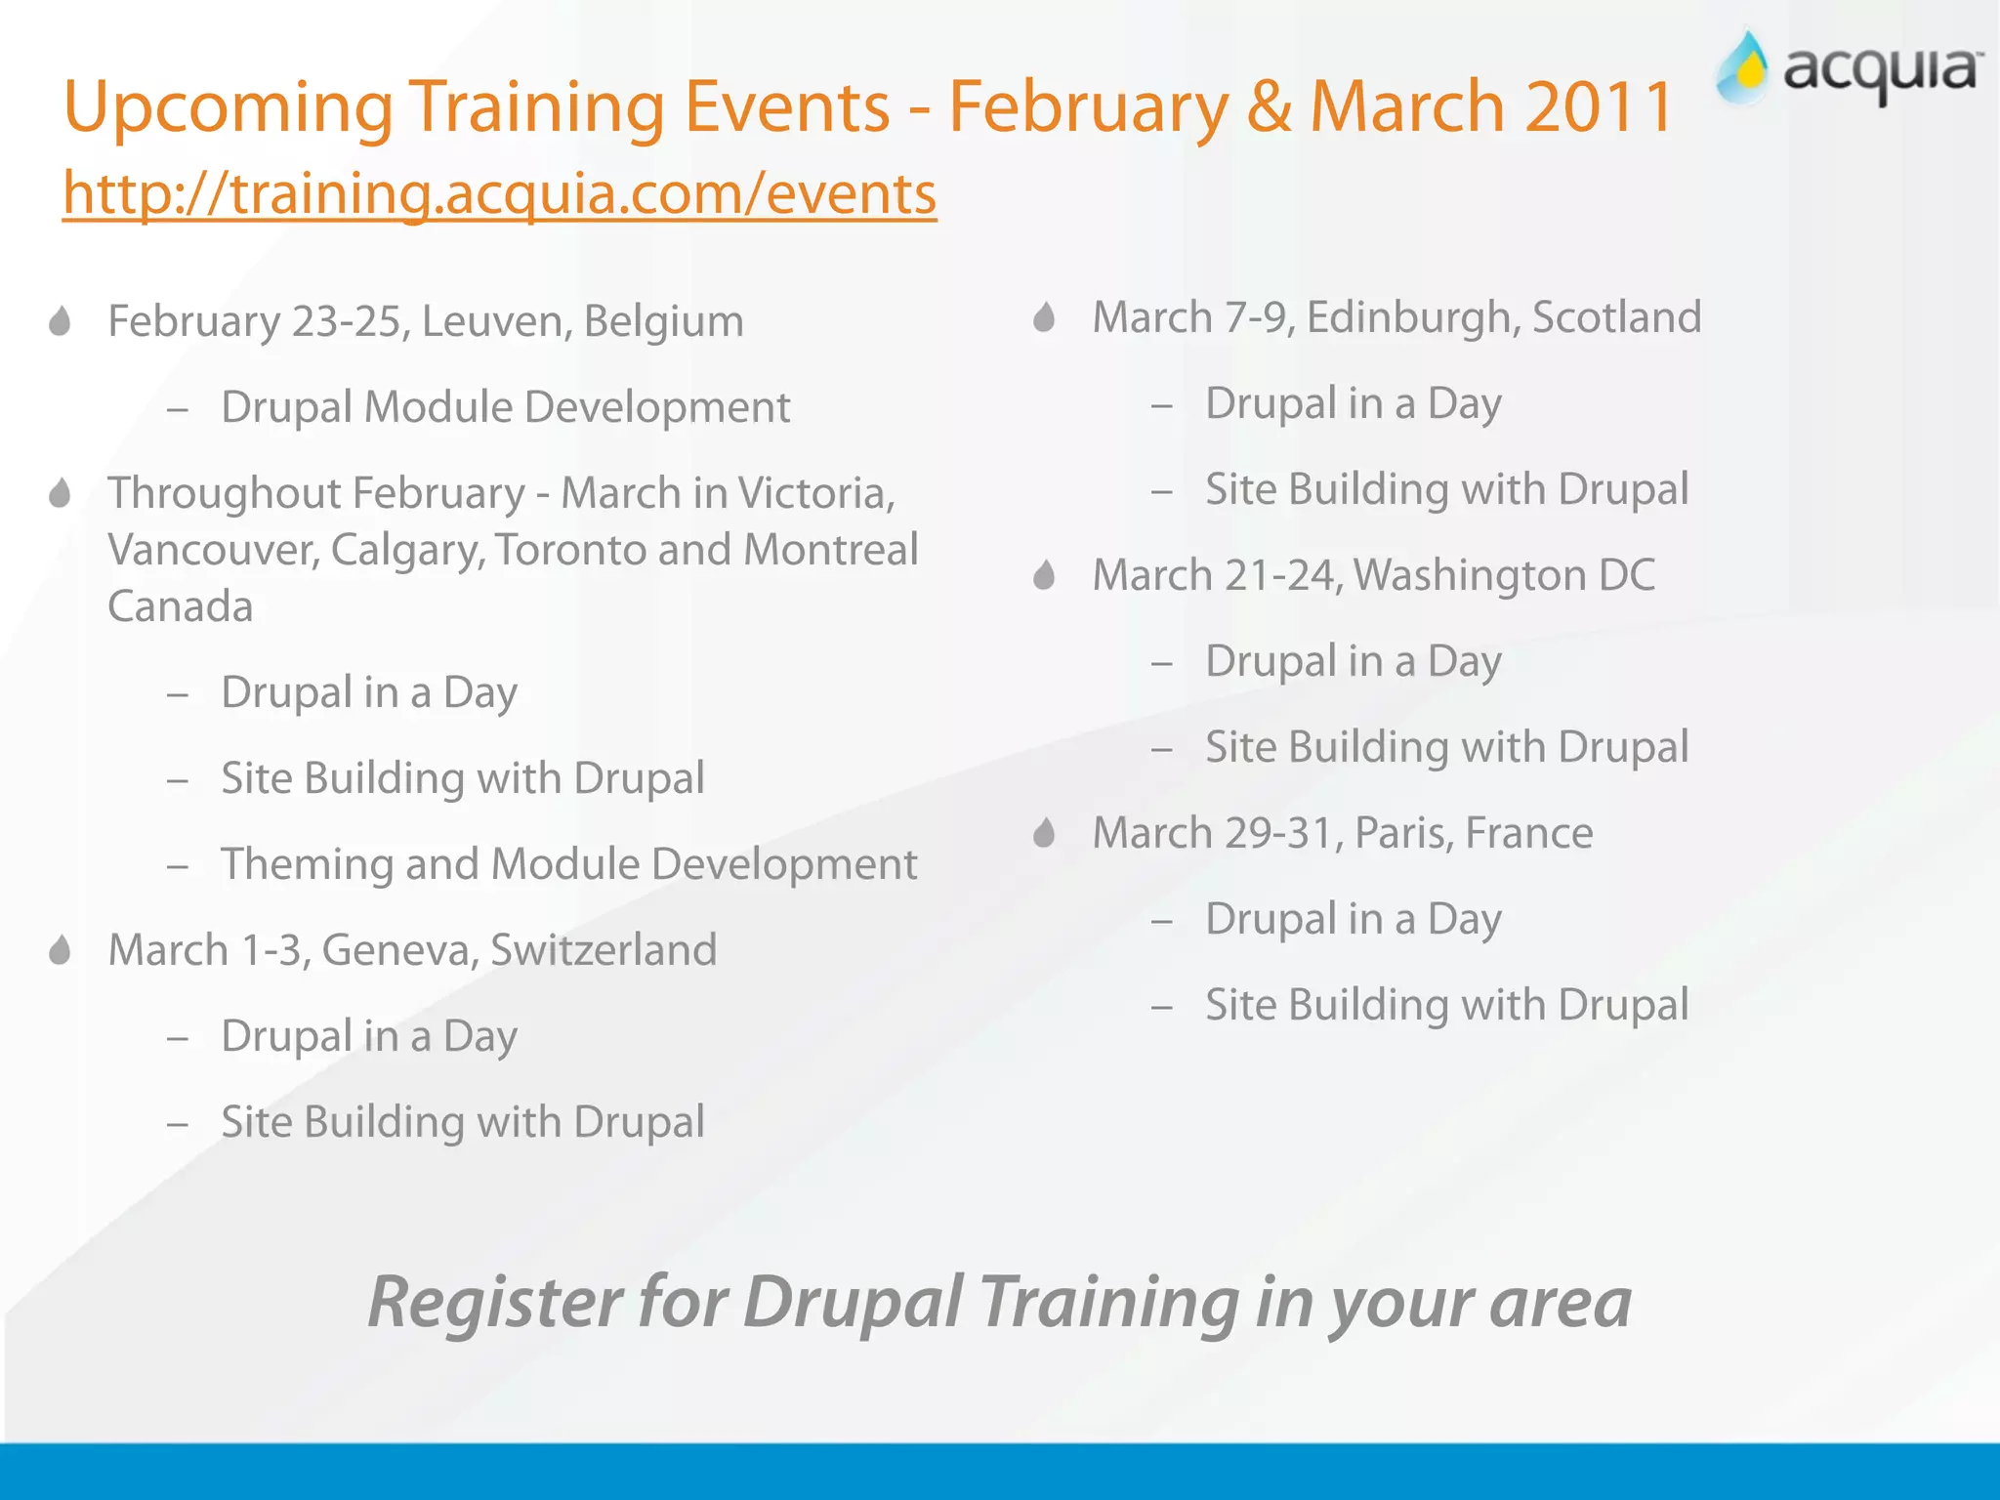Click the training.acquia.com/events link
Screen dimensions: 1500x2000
coord(499,193)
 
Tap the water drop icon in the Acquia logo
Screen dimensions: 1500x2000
coord(1744,68)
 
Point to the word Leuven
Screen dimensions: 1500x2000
coord(496,321)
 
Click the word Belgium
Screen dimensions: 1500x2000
coord(663,321)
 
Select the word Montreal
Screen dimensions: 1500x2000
coord(830,549)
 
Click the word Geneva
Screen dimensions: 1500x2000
coord(399,950)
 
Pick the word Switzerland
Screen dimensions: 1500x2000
coord(604,950)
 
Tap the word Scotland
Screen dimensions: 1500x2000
coord(1616,317)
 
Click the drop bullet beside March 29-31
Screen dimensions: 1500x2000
coord(1044,833)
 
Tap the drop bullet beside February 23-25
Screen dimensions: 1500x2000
coord(60,321)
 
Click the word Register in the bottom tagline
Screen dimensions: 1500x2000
coord(495,1303)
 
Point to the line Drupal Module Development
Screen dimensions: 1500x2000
coord(505,407)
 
